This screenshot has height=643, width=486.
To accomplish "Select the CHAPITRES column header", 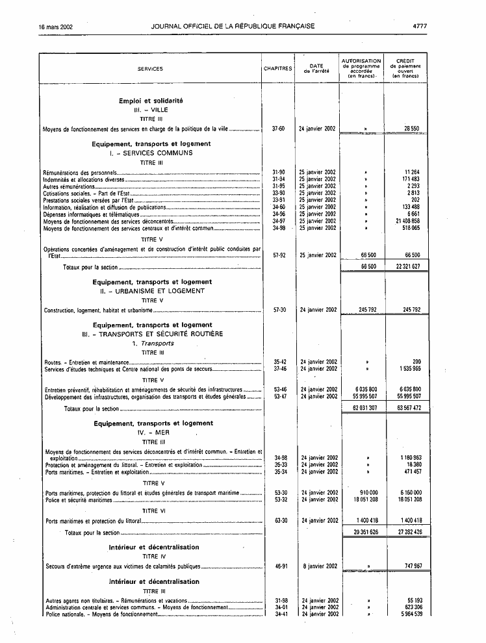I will coord(277,68).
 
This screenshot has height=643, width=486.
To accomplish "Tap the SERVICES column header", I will coord(150,68).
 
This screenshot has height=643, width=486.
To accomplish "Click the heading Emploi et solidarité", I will coord(151,101).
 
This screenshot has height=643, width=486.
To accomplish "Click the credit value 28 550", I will coord(411,129).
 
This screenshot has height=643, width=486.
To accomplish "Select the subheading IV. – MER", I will coord(152,432).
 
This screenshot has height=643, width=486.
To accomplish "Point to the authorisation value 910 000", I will coord(368,493).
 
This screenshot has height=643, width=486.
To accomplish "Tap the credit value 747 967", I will coord(411,566).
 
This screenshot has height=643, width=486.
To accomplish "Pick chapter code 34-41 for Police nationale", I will coord(281,614).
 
